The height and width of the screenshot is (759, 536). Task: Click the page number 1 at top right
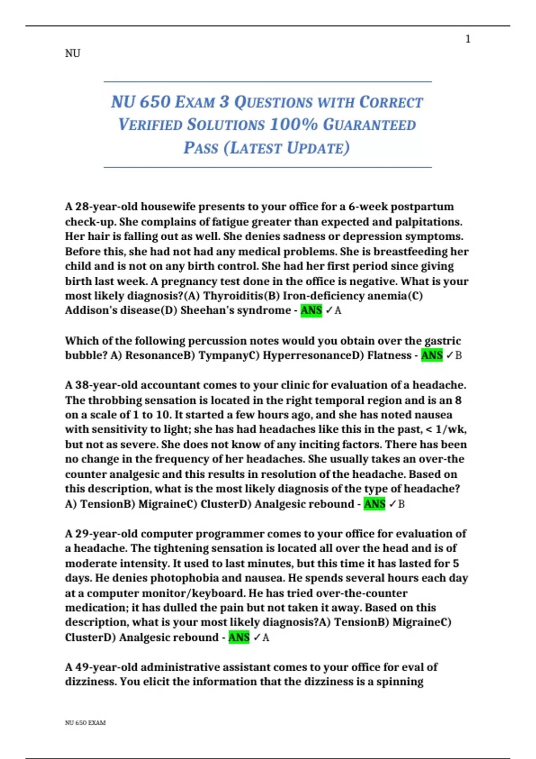[468, 39]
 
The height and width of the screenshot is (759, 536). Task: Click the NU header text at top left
[73, 54]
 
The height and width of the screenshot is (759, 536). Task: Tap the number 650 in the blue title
[155, 102]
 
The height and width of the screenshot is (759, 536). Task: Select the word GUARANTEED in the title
[369, 125]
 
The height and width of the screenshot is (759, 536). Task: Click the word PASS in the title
[201, 148]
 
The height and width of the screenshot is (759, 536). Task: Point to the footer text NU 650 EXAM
[85, 722]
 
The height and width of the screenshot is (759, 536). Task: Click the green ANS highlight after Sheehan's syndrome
[311, 310]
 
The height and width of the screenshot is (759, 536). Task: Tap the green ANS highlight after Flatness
[432, 355]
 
